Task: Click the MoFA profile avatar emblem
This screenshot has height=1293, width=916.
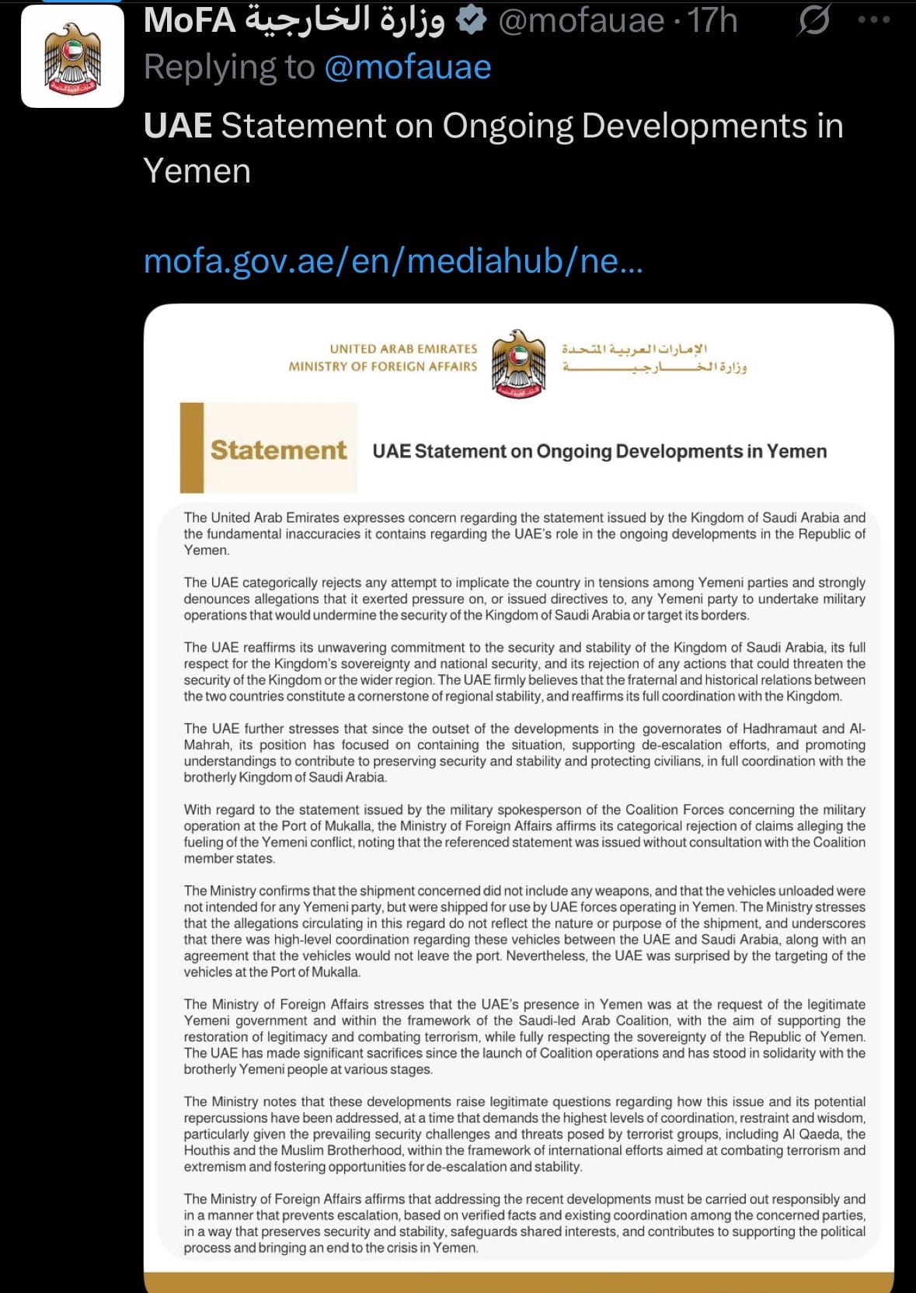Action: [x=72, y=57]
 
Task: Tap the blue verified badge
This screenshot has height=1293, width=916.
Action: [x=471, y=20]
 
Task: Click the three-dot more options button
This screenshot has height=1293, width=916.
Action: [x=874, y=20]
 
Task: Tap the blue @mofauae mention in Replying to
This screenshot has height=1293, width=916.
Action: [x=407, y=68]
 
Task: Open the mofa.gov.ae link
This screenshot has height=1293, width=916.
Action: [x=393, y=261]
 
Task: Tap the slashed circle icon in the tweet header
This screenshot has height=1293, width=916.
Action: [x=813, y=20]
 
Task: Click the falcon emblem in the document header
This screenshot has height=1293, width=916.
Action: [x=519, y=363]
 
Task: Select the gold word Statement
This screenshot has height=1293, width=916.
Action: [x=278, y=450]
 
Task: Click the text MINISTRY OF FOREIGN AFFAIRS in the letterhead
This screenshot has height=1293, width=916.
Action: [x=383, y=367]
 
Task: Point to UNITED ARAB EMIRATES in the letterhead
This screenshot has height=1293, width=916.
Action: [x=403, y=349]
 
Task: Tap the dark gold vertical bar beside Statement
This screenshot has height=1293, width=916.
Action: [x=192, y=447]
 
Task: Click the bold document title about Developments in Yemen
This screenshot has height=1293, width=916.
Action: [x=599, y=451]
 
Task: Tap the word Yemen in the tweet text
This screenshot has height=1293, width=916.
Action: [x=197, y=171]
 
